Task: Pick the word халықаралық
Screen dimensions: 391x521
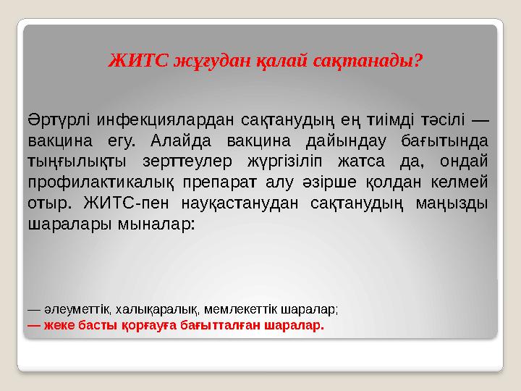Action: [x=143, y=309]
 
